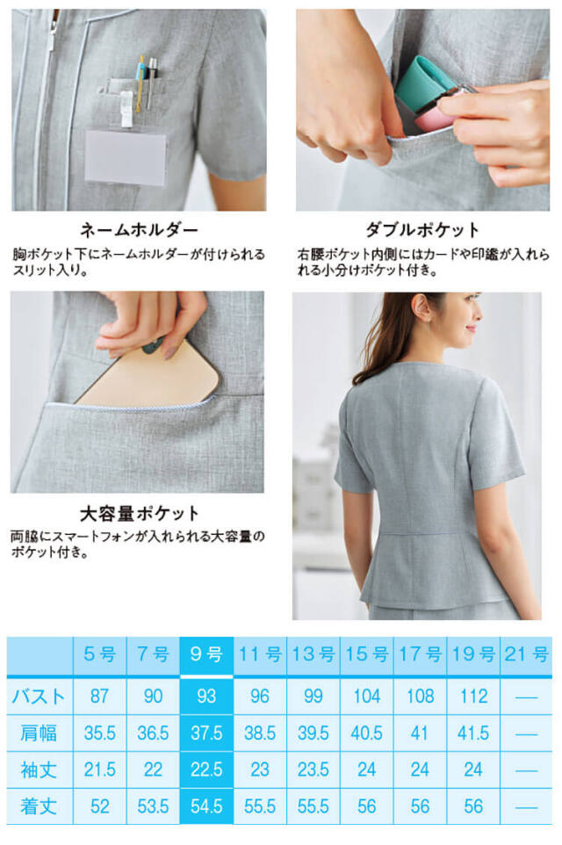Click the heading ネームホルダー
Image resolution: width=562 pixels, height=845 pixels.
click(x=139, y=230)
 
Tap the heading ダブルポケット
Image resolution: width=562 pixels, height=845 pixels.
click(x=422, y=230)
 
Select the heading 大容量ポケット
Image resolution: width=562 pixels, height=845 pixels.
click(x=140, y=514)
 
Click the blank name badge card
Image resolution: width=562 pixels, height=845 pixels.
click(x=126, y=157)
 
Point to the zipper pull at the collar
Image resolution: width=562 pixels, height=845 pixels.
click(x=53, y=33)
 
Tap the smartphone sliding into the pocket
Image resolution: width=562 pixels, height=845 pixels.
click(x=148, y=373)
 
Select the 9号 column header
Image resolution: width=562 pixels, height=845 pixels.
click(x=206, y=654)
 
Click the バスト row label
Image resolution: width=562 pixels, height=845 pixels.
click(x=39, y=697)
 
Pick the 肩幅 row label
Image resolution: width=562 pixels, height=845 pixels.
click(x=39, y=733)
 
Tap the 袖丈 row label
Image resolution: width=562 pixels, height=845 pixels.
click(x=39, y=770)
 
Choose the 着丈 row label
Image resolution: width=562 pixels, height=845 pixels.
click(x=39, y=806)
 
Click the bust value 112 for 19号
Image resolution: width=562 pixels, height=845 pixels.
click(x=473, y=697)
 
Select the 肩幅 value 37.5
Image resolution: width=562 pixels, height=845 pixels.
click(x=206, y=733)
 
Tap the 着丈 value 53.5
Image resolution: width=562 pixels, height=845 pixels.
click(x=153, y=806)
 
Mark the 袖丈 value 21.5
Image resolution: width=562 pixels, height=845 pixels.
click(x=100, y=770)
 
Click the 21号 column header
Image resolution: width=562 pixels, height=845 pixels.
click(x=527, y=654)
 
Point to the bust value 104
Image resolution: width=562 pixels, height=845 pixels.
click(x=366, y=697)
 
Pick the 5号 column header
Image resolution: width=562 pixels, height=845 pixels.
click(x=100, y=654)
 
